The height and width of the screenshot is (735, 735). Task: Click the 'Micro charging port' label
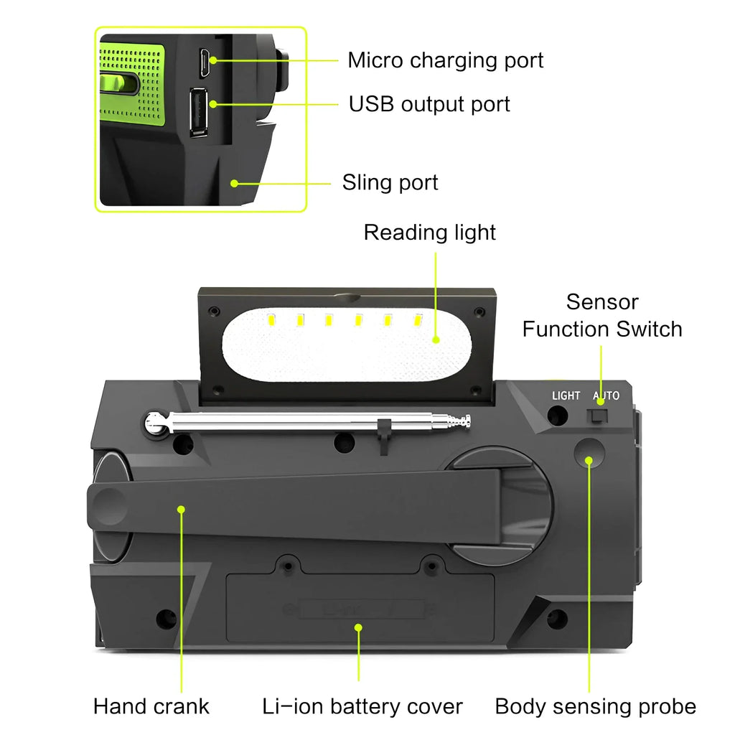pos(445,60)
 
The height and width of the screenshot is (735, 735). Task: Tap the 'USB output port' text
pos(429,104)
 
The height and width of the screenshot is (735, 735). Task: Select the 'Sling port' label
pos(390,182)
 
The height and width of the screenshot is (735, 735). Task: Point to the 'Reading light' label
pos(429,233)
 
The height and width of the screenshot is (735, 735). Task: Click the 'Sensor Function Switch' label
pos(601,316)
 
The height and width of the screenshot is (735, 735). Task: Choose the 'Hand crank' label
pos(151,706)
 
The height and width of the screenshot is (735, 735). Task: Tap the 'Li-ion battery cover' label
pos(362,706)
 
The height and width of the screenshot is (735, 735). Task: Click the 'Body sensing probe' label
pos(595,706)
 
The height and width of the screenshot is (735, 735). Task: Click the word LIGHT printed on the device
pos(566,395)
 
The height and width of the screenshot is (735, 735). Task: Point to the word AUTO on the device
pos(606,395)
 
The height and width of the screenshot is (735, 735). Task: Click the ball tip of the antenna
pos(155,423)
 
